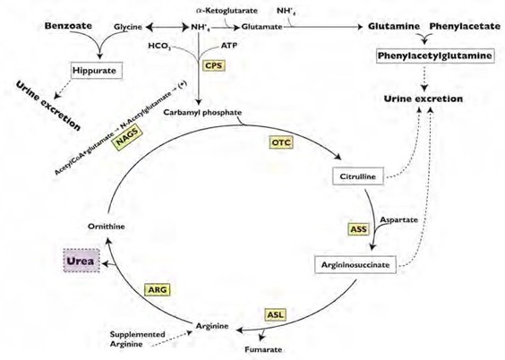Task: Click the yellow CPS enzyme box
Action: pos(213,65)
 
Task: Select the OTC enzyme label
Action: pos(281,142)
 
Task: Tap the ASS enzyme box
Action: pos(358,229)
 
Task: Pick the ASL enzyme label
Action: pos(276,314)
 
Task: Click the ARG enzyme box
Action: pos(158,289)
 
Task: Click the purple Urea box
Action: pos(81,261)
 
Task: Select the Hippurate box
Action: pos(97,71)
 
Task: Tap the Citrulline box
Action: pos(358,176)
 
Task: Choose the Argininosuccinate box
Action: pos(355,265)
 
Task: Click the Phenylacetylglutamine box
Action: pos(435,56)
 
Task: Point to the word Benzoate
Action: pos(68,26)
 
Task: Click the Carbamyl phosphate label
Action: pos(202,113)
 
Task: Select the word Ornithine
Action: pos(107,227)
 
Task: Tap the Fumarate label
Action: pos(263,349)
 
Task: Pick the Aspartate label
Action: pos(399,220)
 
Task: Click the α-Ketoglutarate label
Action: pos(227,11)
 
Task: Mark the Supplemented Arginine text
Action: pos(138,339)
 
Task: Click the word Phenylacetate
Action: pos(465,26)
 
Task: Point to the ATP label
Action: pos(229,46)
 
